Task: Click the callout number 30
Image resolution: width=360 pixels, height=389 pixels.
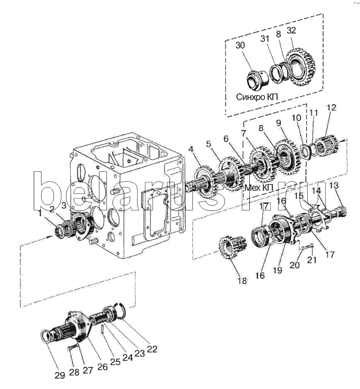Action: [x=240, y=45]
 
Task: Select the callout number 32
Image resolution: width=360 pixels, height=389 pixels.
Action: [x=291, y=30]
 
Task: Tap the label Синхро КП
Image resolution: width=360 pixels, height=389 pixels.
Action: [x=256, y=97]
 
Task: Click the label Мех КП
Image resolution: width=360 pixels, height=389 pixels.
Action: [x=259, y=188]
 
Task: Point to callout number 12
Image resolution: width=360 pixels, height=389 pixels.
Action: [x=331, y=107]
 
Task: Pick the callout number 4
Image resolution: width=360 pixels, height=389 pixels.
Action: [x=191, y=149]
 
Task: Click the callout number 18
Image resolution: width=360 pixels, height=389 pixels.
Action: [x=242, y=281]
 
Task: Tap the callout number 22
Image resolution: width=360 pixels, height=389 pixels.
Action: [x=152, y=349]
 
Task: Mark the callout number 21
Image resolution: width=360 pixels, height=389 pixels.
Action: [x=312, y=260]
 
